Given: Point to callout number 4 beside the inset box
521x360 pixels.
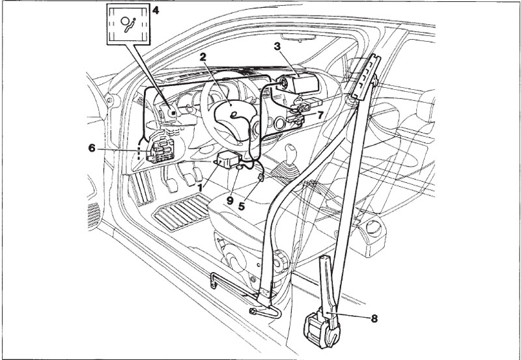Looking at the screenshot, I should (155, 11).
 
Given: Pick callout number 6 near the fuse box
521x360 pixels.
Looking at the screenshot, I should (92, 148).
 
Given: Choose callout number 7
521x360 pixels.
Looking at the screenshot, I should (320, 114).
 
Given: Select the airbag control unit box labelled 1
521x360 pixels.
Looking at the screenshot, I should (229, 159).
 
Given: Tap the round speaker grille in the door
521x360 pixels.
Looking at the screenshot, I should (93, 215).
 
